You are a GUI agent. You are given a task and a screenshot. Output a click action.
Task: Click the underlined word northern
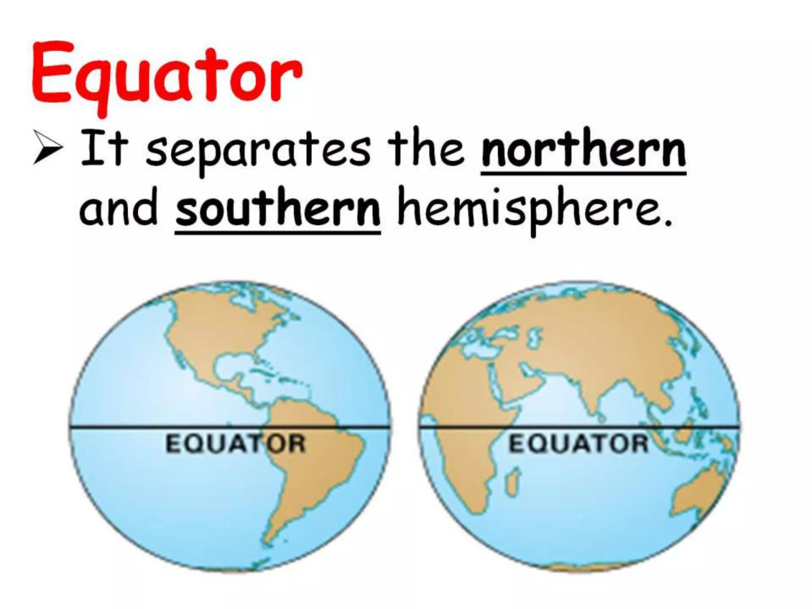583,153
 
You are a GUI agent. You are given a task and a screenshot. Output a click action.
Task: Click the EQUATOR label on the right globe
578,444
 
